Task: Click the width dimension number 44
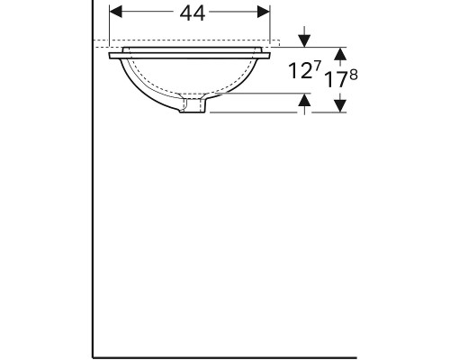[192, 13]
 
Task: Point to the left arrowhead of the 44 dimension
[114, 13]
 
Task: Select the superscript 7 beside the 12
[317, 67]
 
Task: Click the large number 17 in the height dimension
[335, 79]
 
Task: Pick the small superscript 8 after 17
[354, 74]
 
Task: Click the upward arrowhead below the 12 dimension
[305, 102]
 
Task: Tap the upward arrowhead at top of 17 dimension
[340, 53]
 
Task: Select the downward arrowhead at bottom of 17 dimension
[340, 106]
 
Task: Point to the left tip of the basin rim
[111, 56]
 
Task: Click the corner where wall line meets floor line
[93, 357]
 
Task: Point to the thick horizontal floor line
[270, 357]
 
